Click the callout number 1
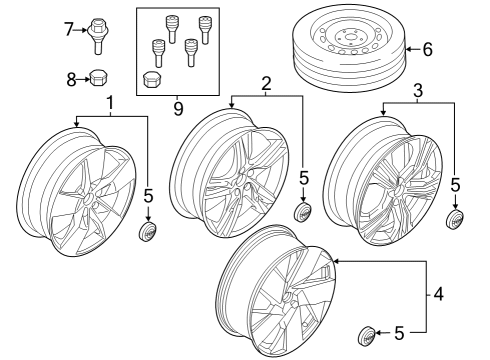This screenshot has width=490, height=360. (110, 103)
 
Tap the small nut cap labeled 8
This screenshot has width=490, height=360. (99, 76)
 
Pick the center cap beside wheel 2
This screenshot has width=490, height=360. (304, 214)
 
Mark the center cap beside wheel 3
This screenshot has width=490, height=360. (456, 220)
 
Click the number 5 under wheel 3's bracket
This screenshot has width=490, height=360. (456, 185)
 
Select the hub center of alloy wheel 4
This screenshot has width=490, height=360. (287, 299)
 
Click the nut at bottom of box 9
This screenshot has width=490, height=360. (153, 79)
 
